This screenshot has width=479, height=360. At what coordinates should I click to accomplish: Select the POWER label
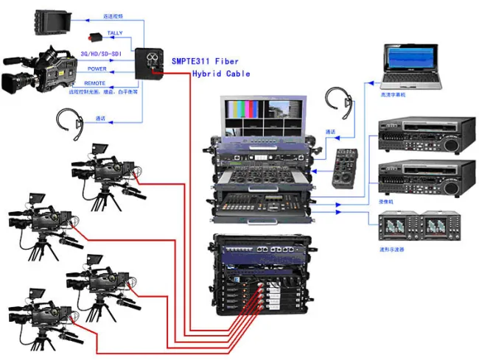pos(97,69)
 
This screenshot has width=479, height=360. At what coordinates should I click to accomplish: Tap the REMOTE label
pos(94,83)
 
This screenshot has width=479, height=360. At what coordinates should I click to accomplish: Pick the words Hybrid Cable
pos(221,74)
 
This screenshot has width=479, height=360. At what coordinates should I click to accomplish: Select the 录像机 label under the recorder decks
pos(387,200)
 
